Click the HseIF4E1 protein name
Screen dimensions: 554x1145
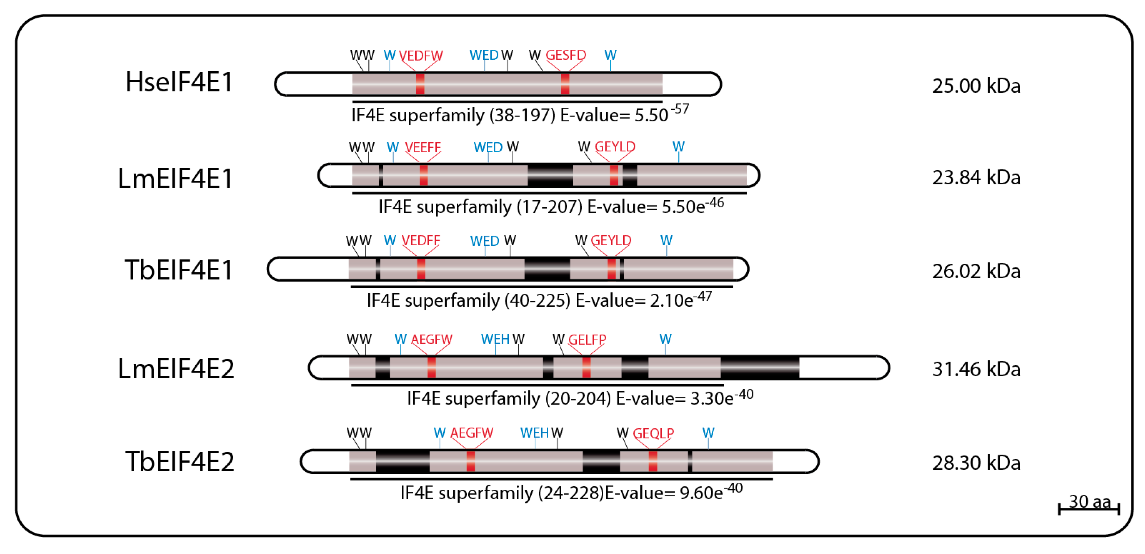pos(179,83)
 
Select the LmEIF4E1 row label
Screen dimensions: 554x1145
pos(175,178)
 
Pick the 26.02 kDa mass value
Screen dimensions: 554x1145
pos(976,271)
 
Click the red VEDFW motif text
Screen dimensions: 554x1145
pos(421,56)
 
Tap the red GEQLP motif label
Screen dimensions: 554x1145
pos(653,433)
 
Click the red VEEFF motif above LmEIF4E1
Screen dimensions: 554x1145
pos(423,147)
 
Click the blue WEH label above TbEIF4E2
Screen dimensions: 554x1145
pos(534,433)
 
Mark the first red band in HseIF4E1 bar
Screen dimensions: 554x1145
pos(420,84)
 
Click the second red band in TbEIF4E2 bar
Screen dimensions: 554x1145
pos(652,462)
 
